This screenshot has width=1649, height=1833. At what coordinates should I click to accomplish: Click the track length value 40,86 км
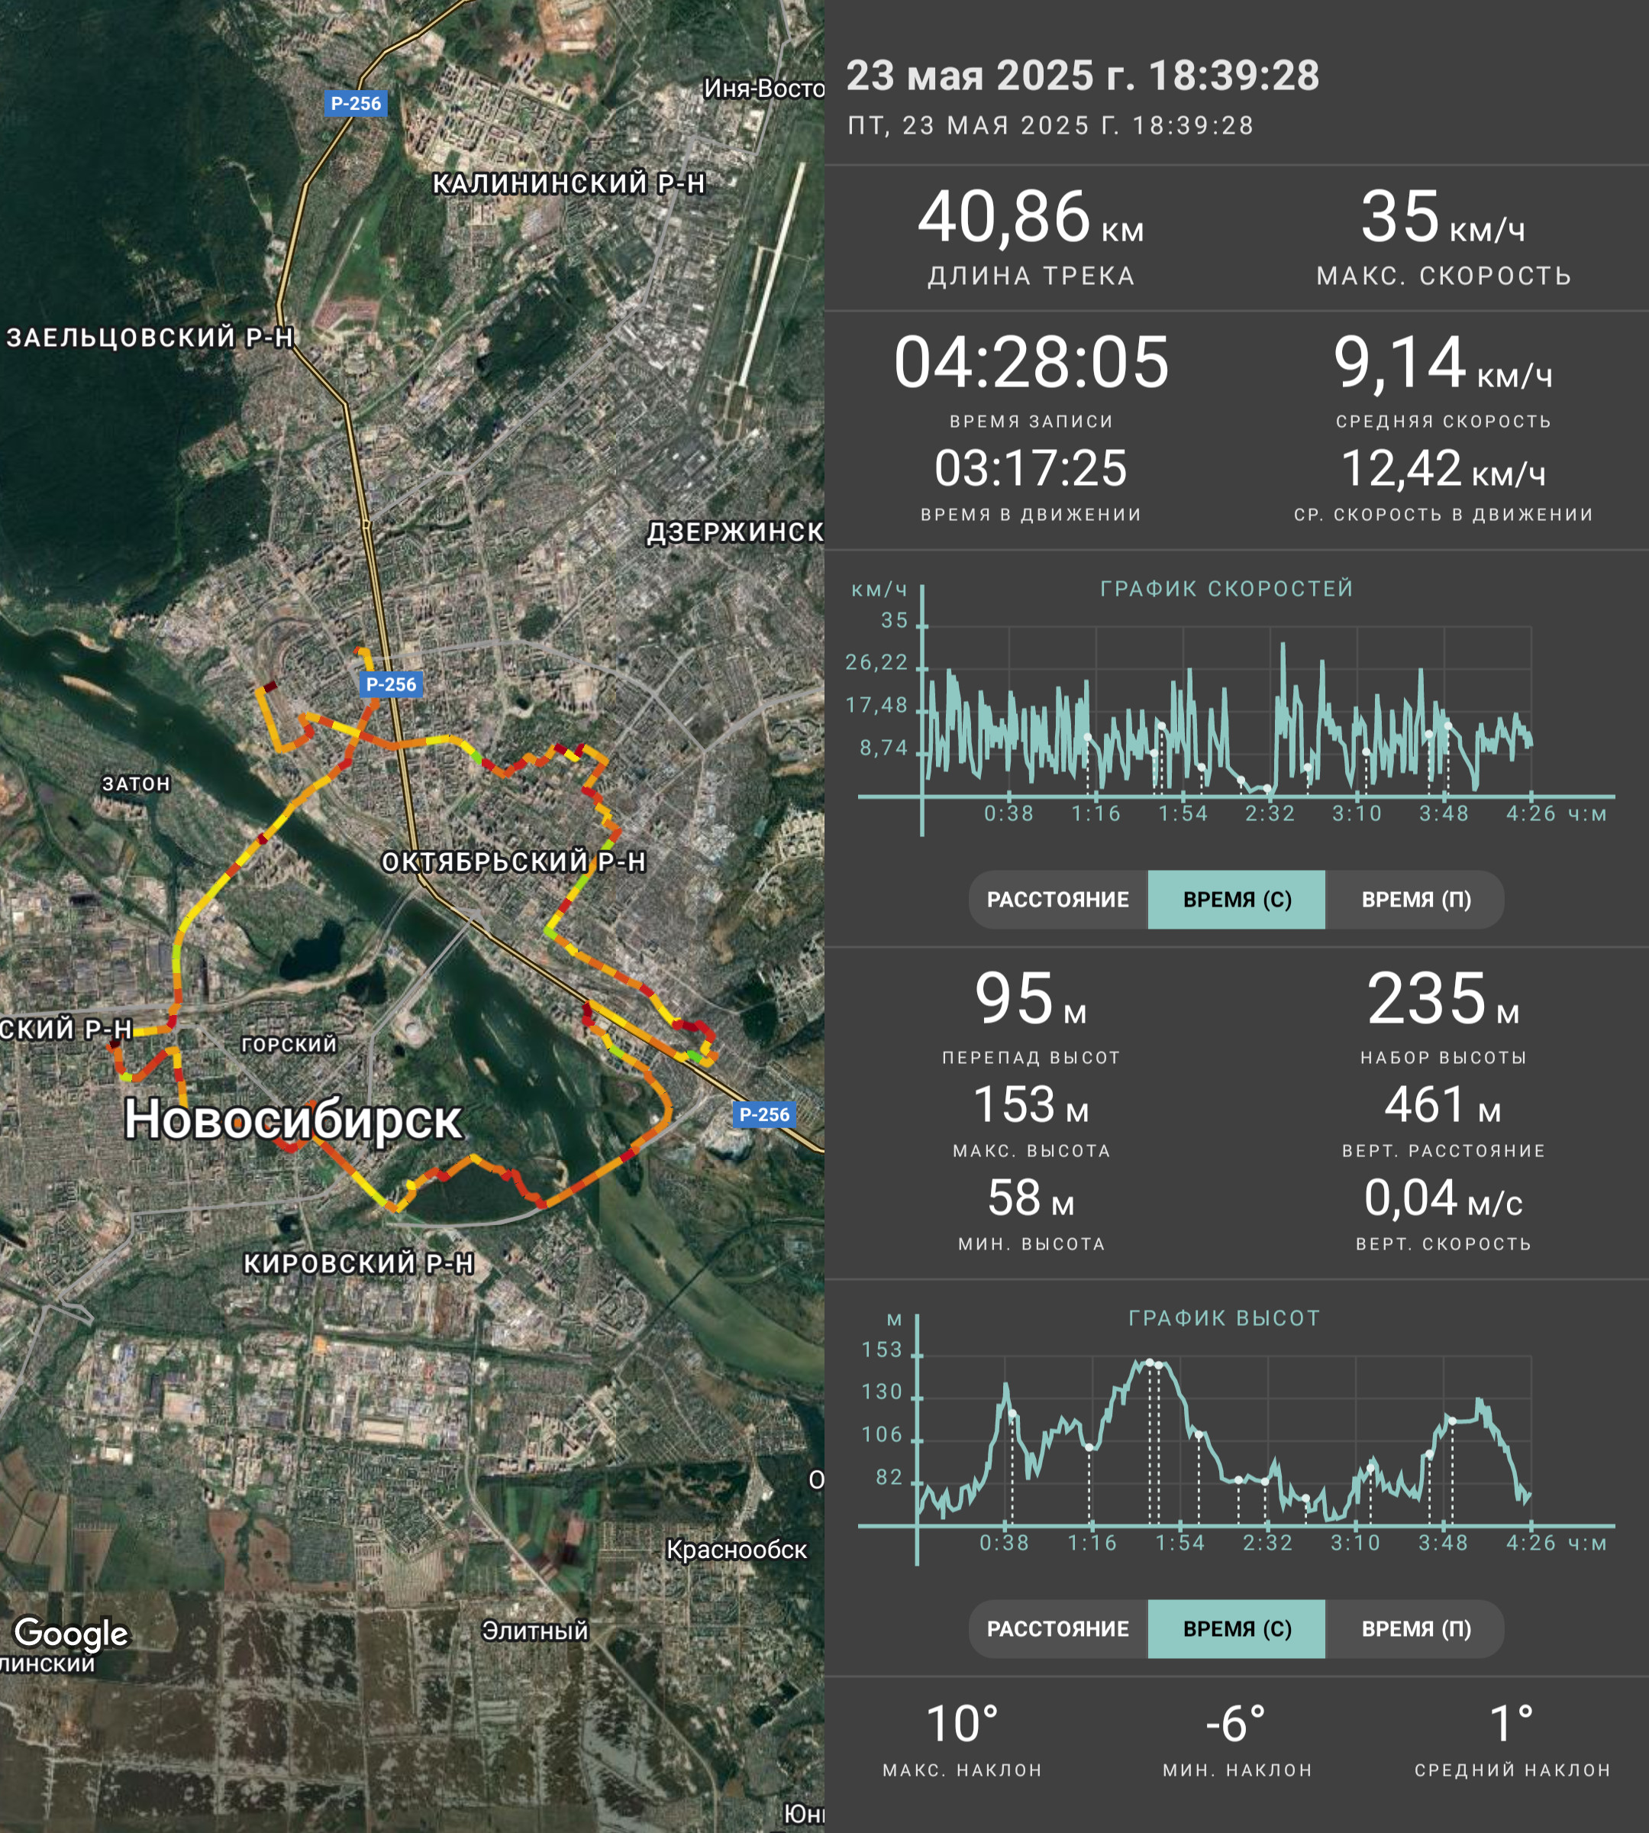click(1030, 218)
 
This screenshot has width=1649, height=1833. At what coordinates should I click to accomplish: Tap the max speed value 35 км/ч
click(1442, 218)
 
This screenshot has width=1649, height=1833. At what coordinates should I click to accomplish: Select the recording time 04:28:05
click(1031, 363)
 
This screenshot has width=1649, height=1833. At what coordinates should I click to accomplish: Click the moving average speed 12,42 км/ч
click(1442, 469)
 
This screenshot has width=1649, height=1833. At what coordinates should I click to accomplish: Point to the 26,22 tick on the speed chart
click(876, 663)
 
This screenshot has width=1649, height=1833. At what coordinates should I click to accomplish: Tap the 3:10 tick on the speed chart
click(1357, 813)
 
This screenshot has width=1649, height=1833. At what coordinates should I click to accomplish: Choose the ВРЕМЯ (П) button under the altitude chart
click(1416, 1628)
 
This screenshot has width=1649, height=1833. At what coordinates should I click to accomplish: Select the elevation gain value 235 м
click(1442, 999)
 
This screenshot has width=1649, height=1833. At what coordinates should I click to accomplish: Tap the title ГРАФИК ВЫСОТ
click(1224, 1318)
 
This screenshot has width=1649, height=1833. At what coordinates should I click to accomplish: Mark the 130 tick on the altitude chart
click(882, 1392)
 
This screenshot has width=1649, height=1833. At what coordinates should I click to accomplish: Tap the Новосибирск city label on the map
click(292, 1120)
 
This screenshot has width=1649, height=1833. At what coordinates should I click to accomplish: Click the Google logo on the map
click(72, 1633)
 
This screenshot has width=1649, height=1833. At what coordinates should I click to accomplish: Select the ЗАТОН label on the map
click(136, 784)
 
